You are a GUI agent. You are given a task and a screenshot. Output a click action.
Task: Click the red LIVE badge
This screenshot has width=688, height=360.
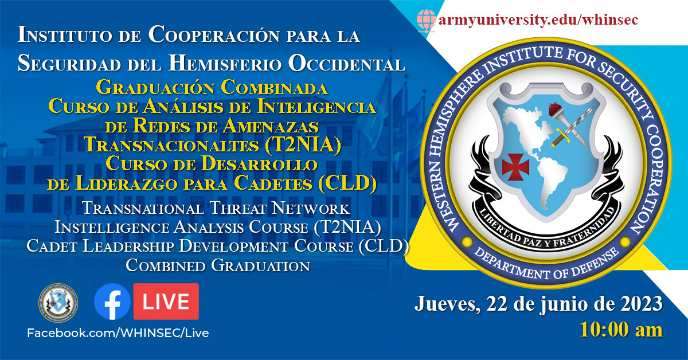coord(166,302)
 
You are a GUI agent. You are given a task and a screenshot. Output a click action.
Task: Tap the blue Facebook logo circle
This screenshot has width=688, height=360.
coord(112,302)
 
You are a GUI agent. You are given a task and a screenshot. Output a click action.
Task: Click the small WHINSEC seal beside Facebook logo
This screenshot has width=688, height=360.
coord(58,303)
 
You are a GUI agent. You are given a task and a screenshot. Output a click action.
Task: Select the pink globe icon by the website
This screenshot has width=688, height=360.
coord(427,21)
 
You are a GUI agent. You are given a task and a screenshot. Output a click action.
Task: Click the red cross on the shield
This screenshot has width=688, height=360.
coord(515,167)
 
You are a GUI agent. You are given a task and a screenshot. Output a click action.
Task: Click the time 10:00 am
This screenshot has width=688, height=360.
coord(621,330)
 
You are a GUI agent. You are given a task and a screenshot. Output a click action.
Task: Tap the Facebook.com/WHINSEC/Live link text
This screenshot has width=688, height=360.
coord(118,333)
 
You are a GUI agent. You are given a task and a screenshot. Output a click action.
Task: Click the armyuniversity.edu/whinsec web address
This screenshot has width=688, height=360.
coord(538,20)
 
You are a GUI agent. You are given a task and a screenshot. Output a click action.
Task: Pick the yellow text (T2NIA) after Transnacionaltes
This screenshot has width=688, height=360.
coord(303,144)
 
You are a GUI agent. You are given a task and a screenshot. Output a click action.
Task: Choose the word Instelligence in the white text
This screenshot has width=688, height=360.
coord(112,228)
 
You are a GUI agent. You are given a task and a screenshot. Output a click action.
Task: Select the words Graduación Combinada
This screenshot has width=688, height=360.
coord(212,88)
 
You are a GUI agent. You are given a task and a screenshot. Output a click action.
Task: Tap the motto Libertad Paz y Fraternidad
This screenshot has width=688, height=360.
coord(547,230)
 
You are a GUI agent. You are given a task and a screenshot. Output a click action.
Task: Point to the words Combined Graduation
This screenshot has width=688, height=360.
coord(218,265)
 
